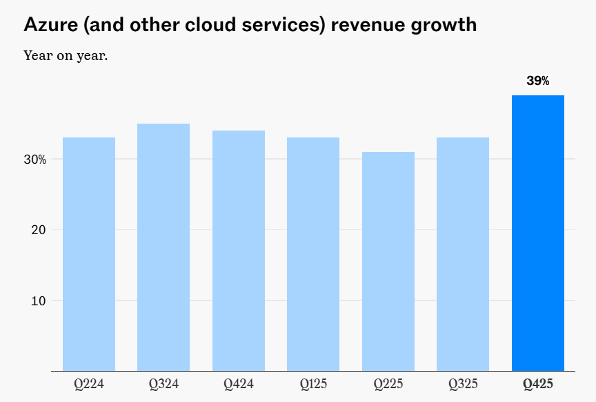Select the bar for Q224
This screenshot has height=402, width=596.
(89, 254)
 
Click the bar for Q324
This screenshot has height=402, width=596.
(163, 247)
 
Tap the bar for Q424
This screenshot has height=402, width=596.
(239, 251)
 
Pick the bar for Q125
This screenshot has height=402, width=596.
(313, 254)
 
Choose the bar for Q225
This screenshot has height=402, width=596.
(388, 261)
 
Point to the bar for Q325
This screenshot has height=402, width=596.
(463, 254)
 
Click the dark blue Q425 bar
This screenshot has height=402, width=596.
(538, 233)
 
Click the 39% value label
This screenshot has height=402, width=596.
(538, 81)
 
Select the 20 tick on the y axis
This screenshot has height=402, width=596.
(37, 230)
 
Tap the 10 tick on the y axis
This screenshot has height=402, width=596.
(37, 301)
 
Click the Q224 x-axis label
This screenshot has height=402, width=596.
(89, 383)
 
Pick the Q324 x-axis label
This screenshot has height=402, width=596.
(163, 383)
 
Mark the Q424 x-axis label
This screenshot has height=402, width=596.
(239, 383)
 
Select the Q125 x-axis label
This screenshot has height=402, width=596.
(313, 383)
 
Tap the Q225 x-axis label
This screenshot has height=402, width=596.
(388, 383)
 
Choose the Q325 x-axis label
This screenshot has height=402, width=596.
(463, 383)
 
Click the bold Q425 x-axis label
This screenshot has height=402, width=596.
(538, 383)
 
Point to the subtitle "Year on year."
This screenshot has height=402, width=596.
(66, 55)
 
